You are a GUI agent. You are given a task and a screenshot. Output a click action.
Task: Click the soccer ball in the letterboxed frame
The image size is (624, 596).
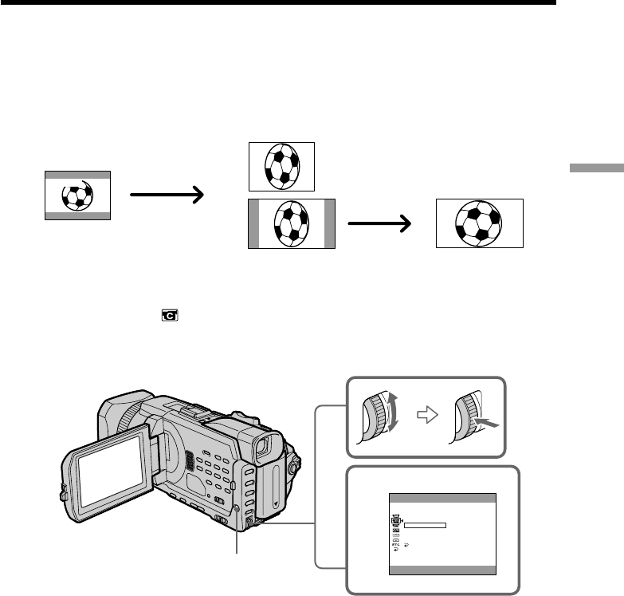[77, 194]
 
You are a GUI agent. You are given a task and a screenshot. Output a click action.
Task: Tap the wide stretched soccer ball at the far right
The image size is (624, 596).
[479, 223]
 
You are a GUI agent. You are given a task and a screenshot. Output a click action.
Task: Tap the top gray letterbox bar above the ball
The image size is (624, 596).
[77, 173]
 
